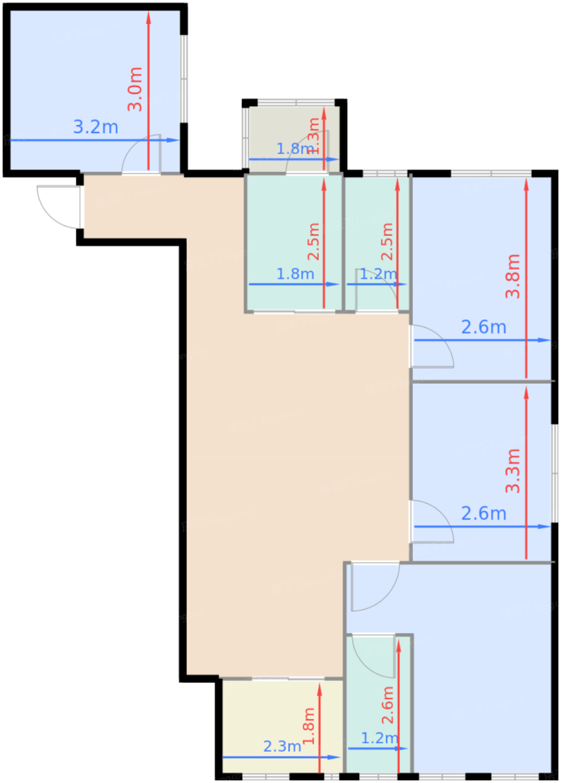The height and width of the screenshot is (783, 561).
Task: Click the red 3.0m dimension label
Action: click(135, 89)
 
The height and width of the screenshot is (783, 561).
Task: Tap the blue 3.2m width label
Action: click(96, 127)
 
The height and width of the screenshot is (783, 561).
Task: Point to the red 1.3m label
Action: click(314, 135)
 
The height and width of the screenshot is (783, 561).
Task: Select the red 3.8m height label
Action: click(513, 276)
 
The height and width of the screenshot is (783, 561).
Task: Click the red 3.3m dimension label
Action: click(513, 470)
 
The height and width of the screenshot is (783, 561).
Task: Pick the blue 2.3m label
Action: click(282, 746)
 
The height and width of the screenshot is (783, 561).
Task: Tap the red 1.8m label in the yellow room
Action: click(309, 725)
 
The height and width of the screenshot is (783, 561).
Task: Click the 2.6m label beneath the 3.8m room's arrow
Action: click(483, 327)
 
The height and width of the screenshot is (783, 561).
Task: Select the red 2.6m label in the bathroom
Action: click(388, 705)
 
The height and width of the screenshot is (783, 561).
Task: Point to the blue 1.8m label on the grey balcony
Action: click(294, 149)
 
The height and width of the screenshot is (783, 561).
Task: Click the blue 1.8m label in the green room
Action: click(295, 274)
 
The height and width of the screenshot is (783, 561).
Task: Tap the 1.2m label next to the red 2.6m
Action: click(379, 738)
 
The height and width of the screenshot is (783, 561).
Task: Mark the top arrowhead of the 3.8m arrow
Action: click(526, 182)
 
